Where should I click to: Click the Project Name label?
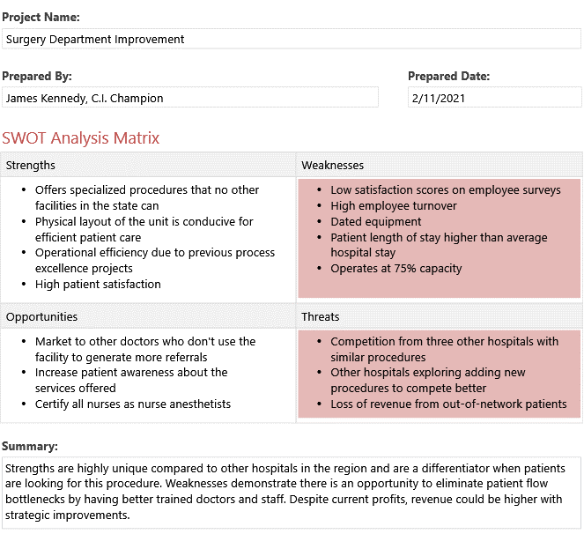[x=41, y=17]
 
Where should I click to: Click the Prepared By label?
[x=37, y=77]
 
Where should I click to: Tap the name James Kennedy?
[x=46, y=98]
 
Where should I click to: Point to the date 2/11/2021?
[x=438, y=98]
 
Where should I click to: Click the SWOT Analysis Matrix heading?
[x=81, y=138]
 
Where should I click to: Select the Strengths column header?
[x=31, y=165]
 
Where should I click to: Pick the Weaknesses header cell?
[x=333, y=165]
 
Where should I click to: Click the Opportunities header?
[x=41, y=316]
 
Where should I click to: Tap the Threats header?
[x=321, y=316]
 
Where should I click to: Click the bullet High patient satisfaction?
[x=98, y=285]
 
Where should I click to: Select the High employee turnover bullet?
[x=394, y=205]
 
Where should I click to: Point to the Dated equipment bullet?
[x=376, y=221]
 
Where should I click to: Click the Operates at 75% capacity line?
[x=396, y=269]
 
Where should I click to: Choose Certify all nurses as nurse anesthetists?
[x=133, y=404]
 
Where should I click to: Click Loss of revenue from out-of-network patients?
[x=448, y=404]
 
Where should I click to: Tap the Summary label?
[x=30, y=447]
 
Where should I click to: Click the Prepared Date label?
[x=448, y=77]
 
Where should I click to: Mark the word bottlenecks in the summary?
[x=36, y=500]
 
